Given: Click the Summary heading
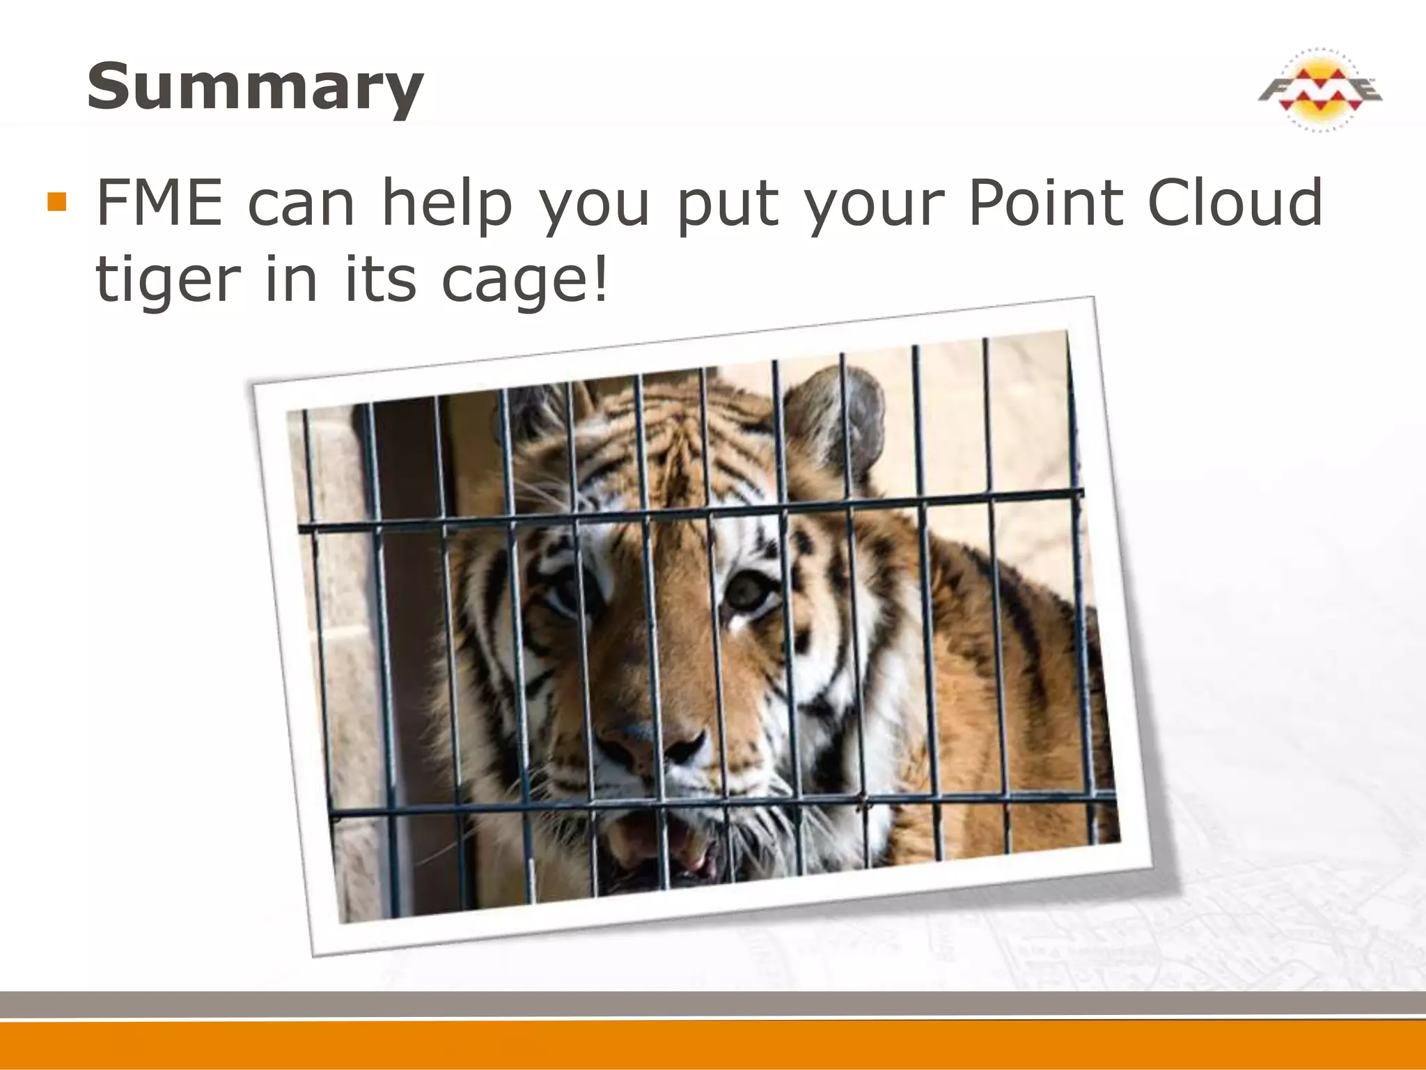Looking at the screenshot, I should [255, 88].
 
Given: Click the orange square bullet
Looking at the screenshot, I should [56, 202].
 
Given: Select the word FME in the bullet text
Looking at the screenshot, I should [159, 203].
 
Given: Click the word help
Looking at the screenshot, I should [447, 203].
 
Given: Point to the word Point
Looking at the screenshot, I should [1045, 203].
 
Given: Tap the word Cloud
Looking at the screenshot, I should [1235, 203].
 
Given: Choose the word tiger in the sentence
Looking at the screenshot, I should [167, 280].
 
